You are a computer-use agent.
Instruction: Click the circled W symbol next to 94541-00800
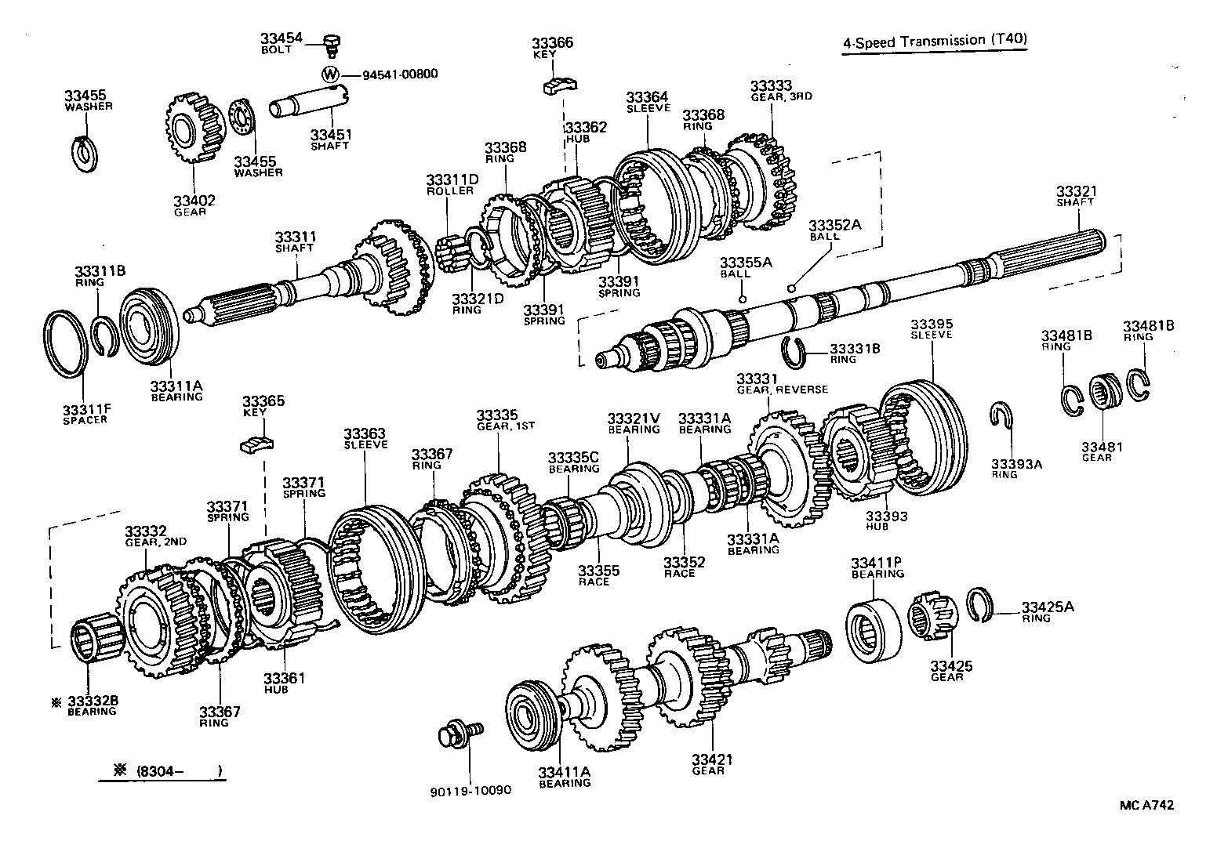point(331,74)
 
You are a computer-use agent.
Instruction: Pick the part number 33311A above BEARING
point(176,386)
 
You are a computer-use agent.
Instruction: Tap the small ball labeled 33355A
point(741,299)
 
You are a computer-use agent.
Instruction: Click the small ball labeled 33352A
point(793,288)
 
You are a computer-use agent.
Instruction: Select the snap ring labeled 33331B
point(796,352)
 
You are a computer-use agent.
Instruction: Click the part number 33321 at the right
point(1076,191)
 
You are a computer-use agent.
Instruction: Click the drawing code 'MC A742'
point(1146,805)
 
